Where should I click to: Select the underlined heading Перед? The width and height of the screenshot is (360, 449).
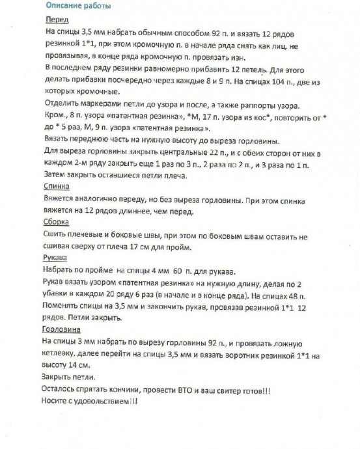click(55, 20)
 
